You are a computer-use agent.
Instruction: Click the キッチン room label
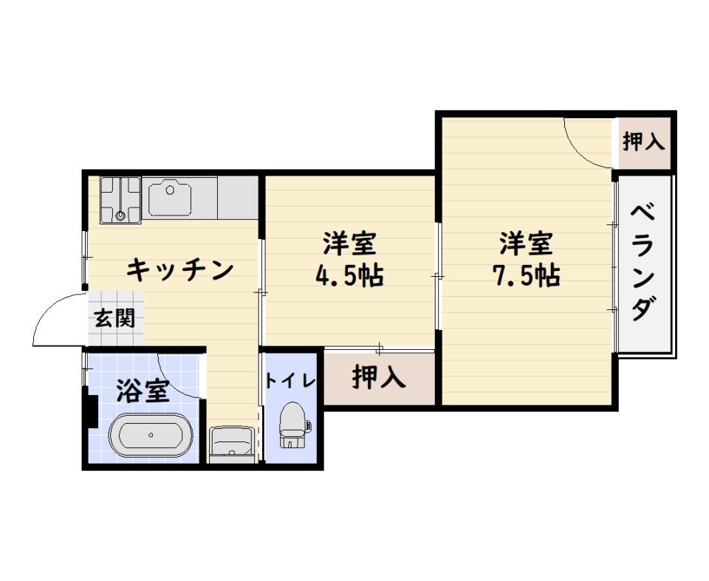[179, 270]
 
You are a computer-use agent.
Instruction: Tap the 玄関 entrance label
[115, 318]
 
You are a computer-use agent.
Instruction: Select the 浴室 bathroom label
[143, 391]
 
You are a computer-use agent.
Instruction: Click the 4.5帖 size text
[349, 275]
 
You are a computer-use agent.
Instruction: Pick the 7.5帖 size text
[526, 275]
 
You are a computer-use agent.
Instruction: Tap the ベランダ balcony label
[644, 263]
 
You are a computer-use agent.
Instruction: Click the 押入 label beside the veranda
[644, 142]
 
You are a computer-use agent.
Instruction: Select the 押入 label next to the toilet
[379, 377]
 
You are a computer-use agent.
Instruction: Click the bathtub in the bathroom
[151, 435]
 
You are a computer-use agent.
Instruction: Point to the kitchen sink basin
[170, 198]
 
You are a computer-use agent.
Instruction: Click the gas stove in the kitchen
[120, 199]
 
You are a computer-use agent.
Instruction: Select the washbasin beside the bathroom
[232, 444]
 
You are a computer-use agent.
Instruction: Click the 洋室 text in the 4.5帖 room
[349, 243]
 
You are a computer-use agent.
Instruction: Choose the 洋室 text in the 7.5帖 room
[526, 243]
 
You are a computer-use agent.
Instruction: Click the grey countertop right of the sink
[238, 198]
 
